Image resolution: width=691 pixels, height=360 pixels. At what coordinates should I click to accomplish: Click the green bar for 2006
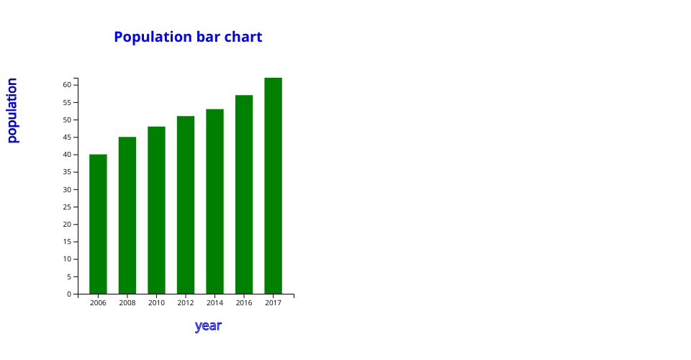coord(98,224)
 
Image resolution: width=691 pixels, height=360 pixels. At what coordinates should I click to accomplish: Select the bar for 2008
coord(127,215)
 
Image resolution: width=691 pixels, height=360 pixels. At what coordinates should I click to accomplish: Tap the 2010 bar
coord(156,210)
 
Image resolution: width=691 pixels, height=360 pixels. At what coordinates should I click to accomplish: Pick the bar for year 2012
coord(186,205)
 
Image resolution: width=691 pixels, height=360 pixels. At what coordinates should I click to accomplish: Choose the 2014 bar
coord(214,202)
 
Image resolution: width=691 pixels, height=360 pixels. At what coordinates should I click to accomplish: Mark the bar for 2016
coord(244,194)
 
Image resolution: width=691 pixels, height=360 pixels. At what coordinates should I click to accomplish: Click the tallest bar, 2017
coord(274,186)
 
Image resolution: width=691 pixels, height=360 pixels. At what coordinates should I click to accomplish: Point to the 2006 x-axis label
coord(98,302)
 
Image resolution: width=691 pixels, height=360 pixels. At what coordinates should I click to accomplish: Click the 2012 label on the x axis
coord(186,302)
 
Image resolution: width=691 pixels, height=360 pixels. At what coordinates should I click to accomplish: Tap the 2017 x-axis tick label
coord(274,302)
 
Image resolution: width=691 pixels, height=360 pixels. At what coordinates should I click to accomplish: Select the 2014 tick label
coord(214,302)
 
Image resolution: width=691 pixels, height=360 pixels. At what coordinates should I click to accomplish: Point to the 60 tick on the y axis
coord(67,85)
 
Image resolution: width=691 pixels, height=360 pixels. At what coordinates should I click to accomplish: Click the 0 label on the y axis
coord(69,294)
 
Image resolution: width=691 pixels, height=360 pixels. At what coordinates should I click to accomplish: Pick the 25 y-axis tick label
coord(67,207)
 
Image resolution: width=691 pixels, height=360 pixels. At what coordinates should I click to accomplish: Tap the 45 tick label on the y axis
coord(67,137)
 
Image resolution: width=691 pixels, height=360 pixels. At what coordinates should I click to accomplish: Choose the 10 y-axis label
coord(67,259)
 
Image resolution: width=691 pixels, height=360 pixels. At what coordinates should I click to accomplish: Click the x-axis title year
coord(208,325)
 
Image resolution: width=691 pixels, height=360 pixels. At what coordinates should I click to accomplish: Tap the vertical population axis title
coord(12,111)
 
